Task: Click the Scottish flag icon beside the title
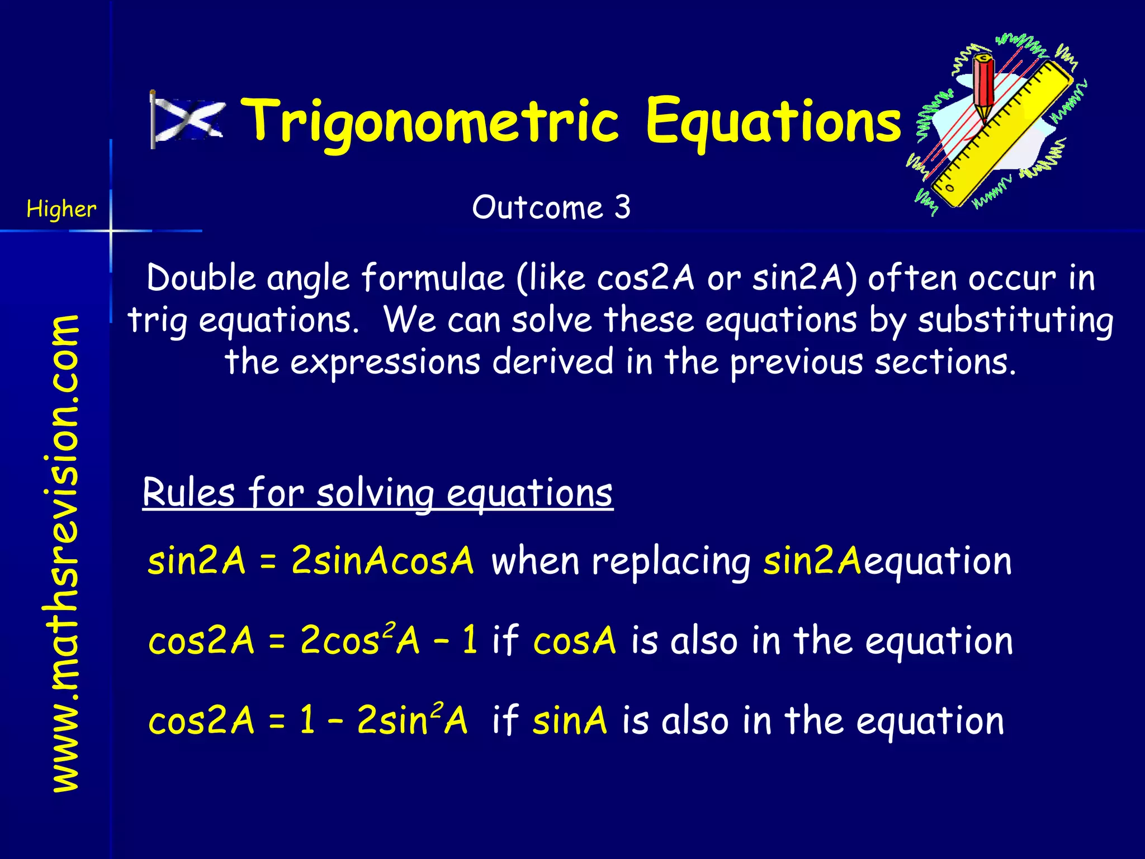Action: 187,120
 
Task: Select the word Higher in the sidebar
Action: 61,209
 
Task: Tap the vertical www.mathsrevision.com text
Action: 64,554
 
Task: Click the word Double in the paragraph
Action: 201,278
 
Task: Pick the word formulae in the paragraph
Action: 433,278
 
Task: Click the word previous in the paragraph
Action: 796,362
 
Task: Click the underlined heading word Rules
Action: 189,493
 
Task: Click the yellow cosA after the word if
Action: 575,641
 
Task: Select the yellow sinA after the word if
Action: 570,721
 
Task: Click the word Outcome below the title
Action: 537,207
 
